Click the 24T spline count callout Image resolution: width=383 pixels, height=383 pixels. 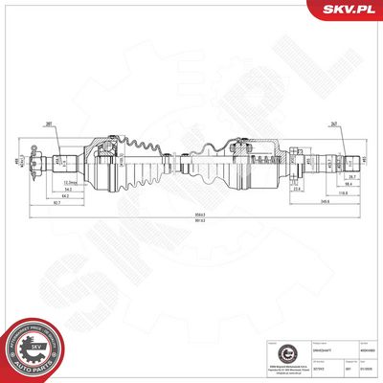click(335, 123)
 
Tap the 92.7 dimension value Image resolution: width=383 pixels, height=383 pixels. click(58, 204)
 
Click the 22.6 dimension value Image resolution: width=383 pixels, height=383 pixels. click(298, 189)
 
